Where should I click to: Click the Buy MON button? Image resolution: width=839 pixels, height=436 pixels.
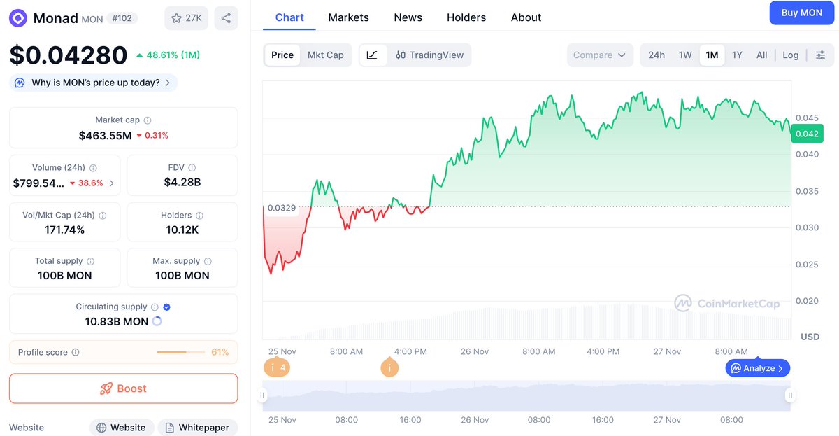801,13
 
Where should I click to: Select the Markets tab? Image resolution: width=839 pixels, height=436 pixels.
348,17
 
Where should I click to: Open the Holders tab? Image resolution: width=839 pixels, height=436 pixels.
466,17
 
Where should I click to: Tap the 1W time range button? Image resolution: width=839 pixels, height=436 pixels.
685,55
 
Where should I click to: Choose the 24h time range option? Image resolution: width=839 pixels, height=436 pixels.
657,55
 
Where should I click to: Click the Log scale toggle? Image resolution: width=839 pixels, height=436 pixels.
791,55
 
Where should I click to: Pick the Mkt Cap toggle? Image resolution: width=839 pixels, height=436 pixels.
326,55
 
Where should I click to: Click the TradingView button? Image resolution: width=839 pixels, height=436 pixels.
429,55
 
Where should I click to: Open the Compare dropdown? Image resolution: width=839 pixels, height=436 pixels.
599,55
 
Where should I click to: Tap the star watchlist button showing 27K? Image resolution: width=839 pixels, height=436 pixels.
186,18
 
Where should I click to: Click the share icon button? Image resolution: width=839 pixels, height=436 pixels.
226,18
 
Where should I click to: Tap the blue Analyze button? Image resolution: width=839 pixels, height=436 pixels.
758,368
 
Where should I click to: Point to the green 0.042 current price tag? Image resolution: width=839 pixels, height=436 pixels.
806,134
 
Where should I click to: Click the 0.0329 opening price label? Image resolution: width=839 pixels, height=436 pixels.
282,208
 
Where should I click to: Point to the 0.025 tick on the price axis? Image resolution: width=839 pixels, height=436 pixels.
806,265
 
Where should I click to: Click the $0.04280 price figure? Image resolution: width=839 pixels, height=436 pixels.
69,55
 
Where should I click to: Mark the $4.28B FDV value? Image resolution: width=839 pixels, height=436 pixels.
182,183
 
